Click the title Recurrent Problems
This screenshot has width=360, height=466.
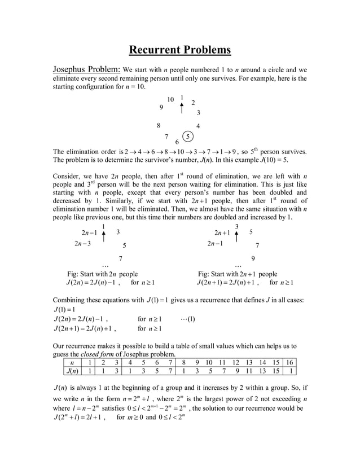point(180,50)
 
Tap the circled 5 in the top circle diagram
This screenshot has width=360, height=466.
point(189,136)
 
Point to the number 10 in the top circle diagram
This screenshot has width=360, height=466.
point(170,100)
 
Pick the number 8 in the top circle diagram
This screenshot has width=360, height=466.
point(159,126)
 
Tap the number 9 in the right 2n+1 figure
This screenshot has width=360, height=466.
point(253,258)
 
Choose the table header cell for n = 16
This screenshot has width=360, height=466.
point(289,362)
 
